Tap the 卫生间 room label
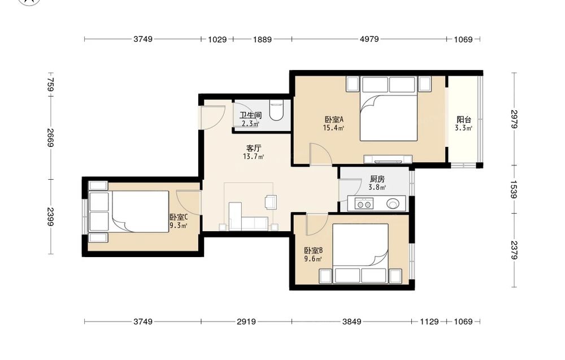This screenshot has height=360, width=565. (x=250, y=116)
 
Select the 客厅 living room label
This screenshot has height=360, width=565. (x=254, y=148)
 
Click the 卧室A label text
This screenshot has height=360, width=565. (x=334, y=119)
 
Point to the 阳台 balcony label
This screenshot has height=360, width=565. (x=464, y=120)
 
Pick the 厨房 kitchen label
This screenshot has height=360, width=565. (x=377, y=179)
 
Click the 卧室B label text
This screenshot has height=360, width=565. (x=313, y=250)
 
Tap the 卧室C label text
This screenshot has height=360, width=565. (x=179, y=217)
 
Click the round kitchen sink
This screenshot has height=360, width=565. (x=393, y=204)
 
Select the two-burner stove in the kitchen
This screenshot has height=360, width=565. (x=363, y=204)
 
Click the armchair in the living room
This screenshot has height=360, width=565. (x=271, y=202)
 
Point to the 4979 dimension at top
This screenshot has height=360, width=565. (x=370, y=39)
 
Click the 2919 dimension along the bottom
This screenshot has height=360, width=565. (x=246, y=321)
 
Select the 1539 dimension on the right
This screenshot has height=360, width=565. (x=514, y=189)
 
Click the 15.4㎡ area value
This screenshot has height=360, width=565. (x=333, y=128)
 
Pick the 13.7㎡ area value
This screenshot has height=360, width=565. (x=253, y=157)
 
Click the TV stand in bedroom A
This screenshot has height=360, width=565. (x=388, y=159)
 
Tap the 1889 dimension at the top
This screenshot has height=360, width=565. (x=262, y=40)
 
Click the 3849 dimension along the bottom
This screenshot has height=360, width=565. (x=351, y=321)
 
